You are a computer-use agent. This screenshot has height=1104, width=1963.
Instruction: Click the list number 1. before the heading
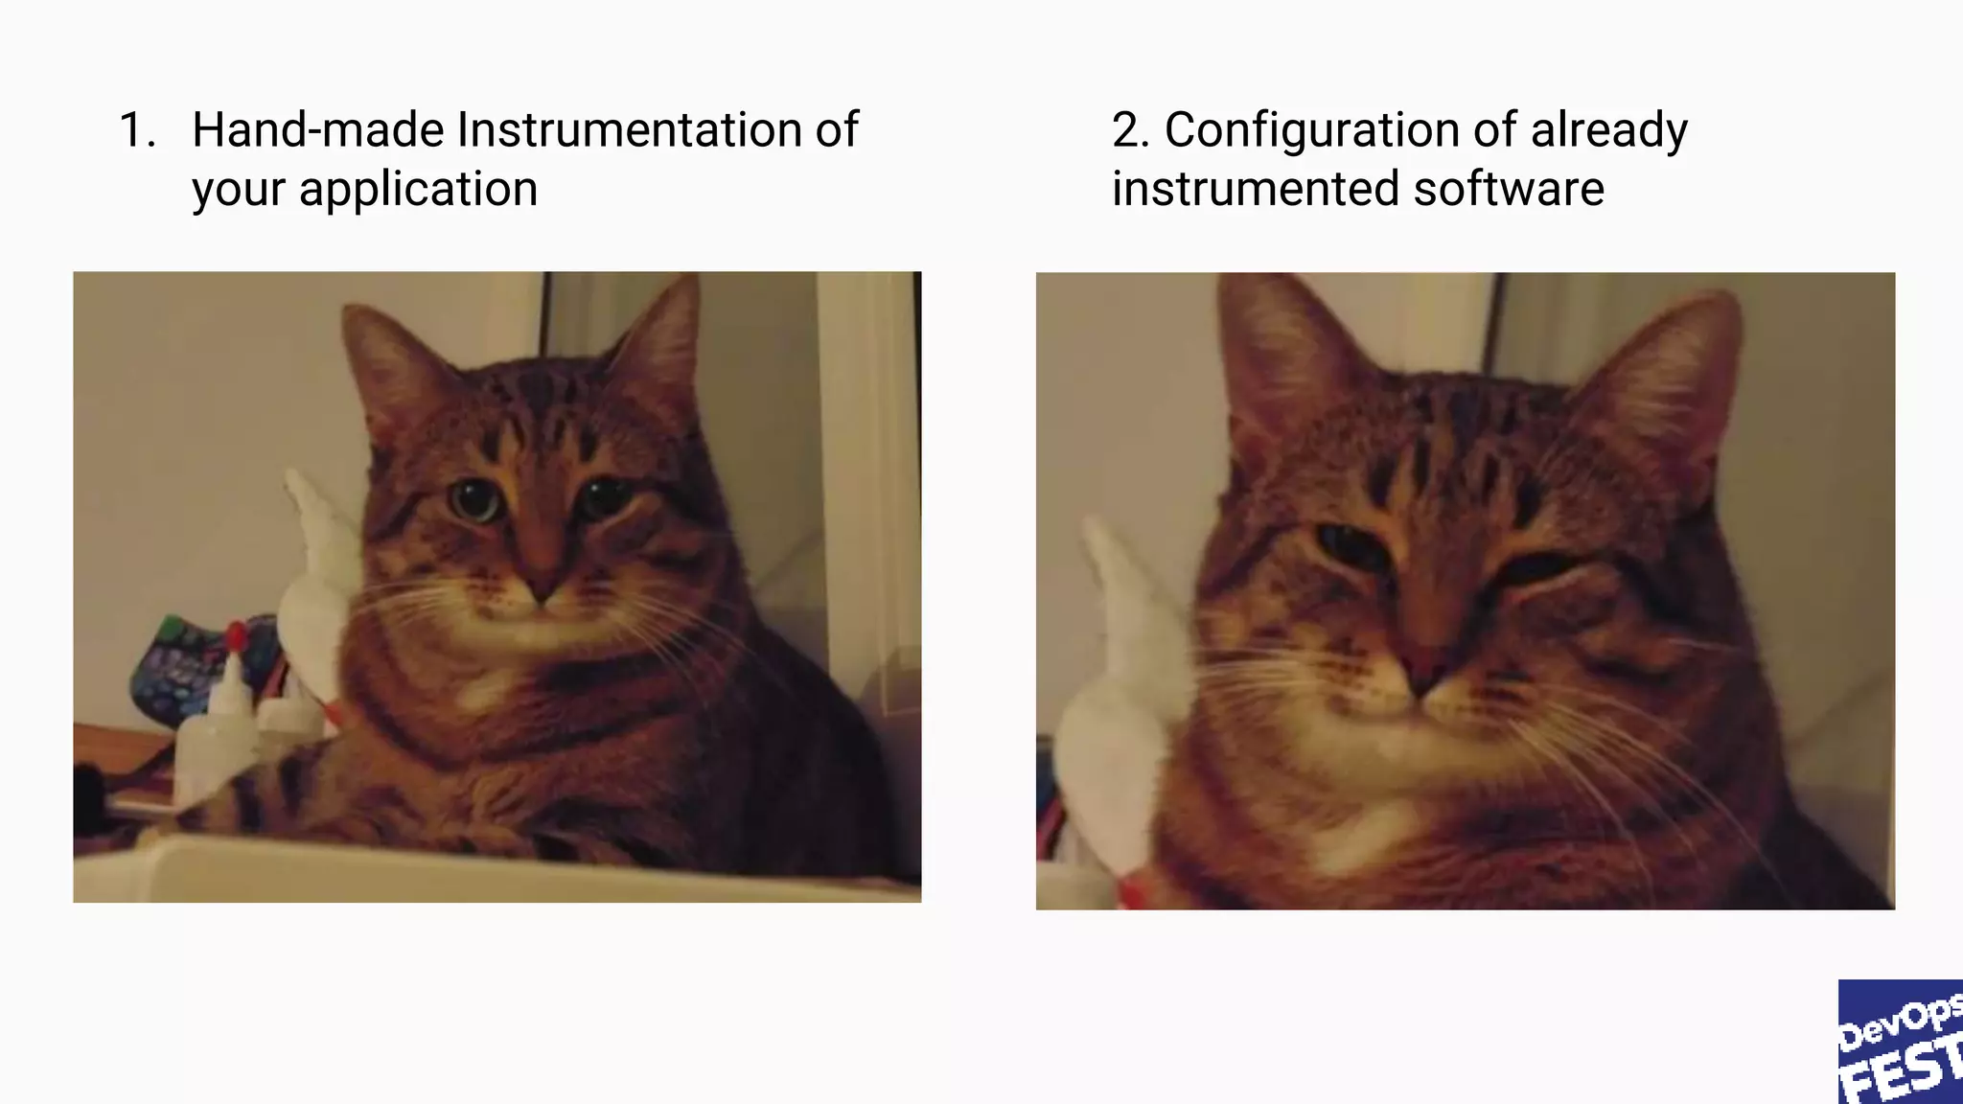point(137,130)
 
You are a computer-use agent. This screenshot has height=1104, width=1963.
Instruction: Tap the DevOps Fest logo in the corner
point(1900,1042)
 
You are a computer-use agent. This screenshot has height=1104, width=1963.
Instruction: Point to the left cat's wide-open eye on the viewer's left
point(473,499)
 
